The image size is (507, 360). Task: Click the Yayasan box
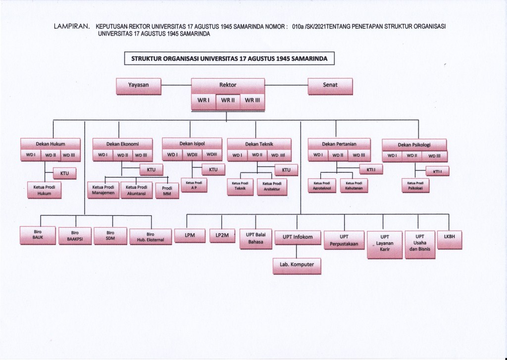coord(139,86)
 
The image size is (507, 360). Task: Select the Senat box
coord(330,86)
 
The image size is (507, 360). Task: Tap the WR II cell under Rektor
coord(228,101)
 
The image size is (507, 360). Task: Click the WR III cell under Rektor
coord(253,101)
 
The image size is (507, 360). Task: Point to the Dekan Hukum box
coord(51,144)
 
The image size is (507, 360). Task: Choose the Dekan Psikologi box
coord(414,145)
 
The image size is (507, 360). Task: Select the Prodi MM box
coord(167,191)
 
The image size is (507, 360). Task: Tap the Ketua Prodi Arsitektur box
coord(272,186)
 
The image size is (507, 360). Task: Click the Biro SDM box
coord(110,236)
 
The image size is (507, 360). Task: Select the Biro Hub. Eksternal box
coord(151,237)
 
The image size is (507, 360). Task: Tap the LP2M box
coord(222,235)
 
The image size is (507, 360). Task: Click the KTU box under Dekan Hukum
coord(64,173)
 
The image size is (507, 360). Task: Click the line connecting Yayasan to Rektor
coord(177,86)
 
